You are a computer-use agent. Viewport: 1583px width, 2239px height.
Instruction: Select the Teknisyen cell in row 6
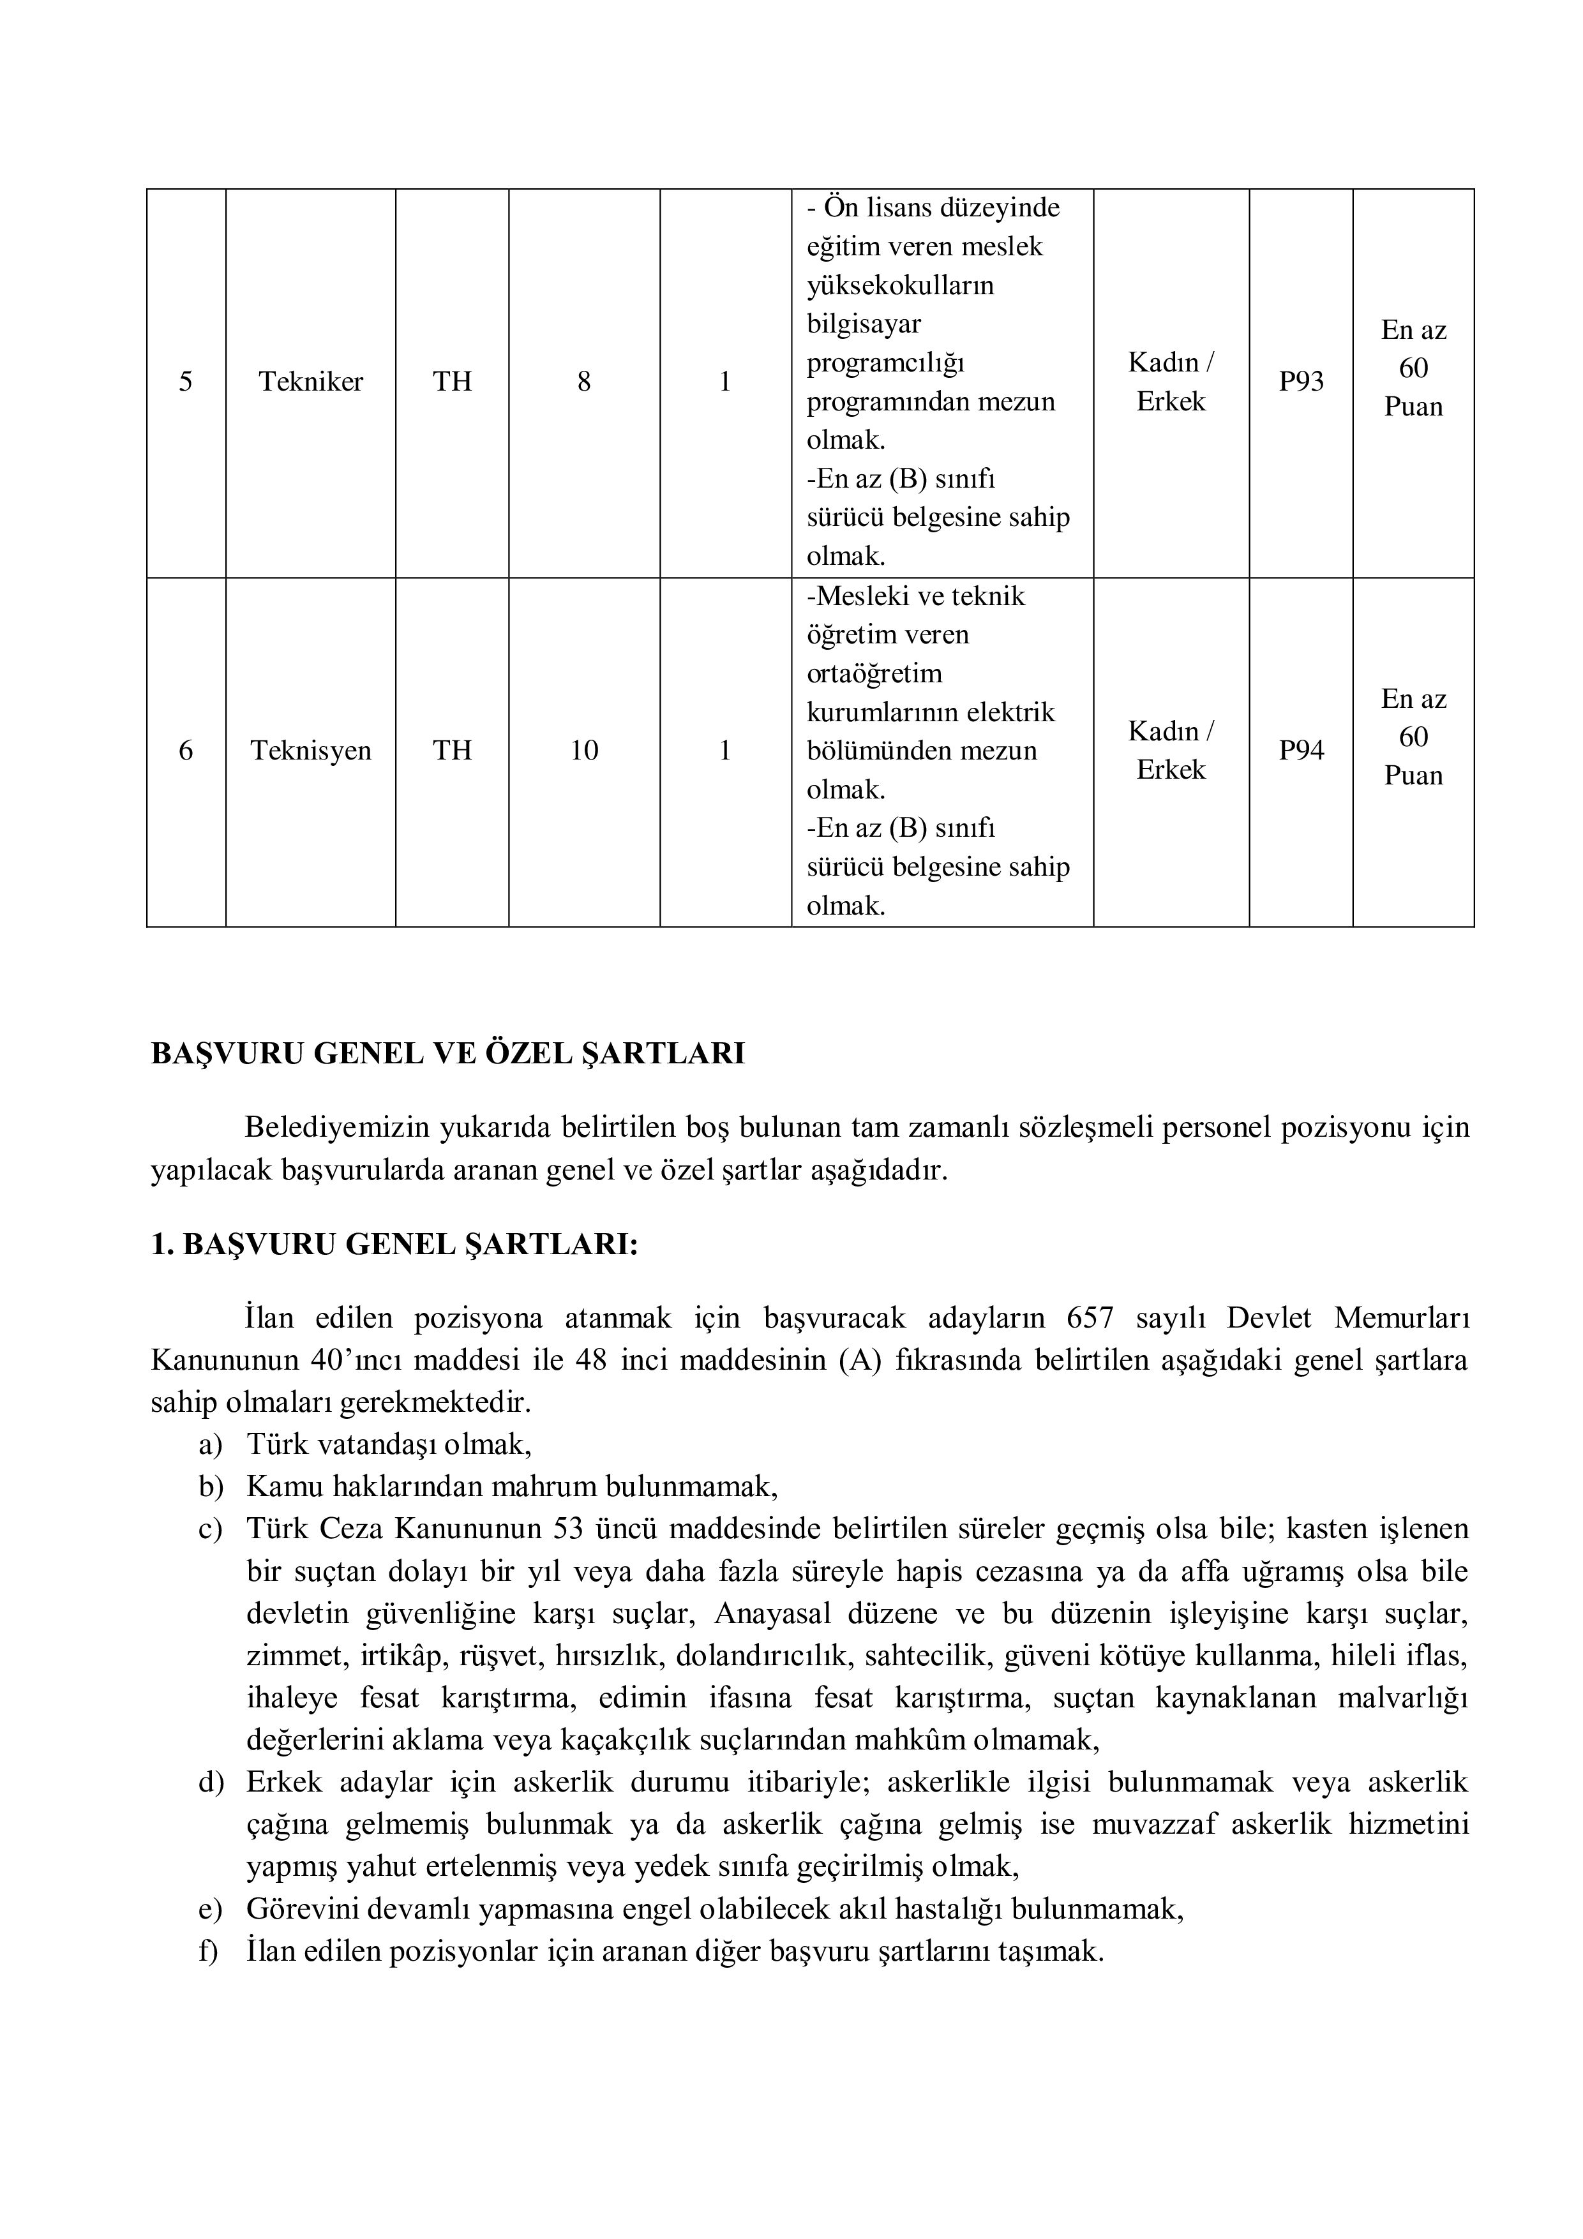[310, 751]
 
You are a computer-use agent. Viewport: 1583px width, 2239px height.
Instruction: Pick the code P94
[1301, 751]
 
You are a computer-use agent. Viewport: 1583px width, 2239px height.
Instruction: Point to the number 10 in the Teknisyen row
[583, 751]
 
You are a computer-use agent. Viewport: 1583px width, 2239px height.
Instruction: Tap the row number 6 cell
[185, 751]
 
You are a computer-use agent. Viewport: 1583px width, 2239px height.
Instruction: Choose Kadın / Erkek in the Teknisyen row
[1171, 751]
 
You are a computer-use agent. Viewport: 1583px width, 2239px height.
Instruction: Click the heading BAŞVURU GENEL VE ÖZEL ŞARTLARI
[447, 1054]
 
